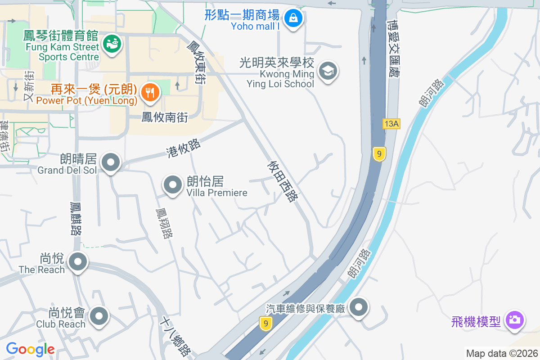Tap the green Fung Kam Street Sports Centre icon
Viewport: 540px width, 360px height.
[x=111, y=44]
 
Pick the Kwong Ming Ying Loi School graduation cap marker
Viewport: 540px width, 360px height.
[x=328, y=71]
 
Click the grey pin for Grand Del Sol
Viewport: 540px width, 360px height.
[x=111, y=162]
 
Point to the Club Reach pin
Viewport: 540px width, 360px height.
[x=99, y=316]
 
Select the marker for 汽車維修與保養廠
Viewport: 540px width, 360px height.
[x=359, y=308]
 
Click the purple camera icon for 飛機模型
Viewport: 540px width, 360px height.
[x=514, y=320]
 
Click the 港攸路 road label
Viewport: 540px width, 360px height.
[x=183, y=148]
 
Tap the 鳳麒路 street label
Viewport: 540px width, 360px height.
[x=76, y=218]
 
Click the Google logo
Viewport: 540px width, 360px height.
[x=30, y=349]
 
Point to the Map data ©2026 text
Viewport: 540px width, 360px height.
[x=502, y=353]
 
